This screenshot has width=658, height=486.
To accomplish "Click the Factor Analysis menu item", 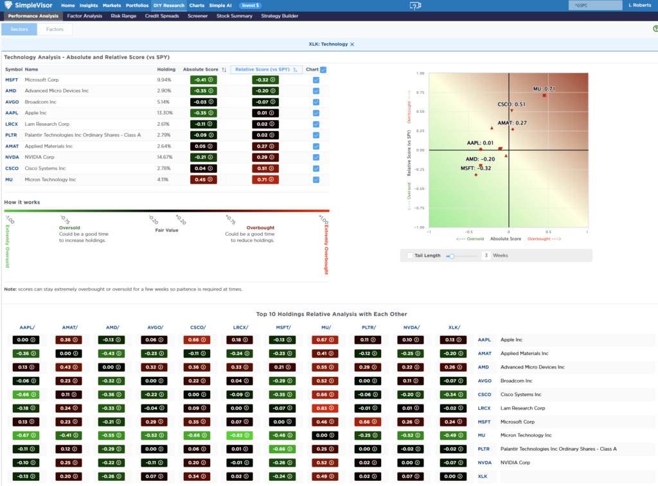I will click(x=84, y=16).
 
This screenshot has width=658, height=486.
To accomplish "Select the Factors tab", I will click(x=55, y=30).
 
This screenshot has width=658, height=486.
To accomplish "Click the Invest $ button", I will click(x=250, y=5).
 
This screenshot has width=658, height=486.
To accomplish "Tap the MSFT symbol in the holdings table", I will click(x=12, y=80).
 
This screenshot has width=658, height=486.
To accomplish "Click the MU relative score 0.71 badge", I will click(x=261, y=180).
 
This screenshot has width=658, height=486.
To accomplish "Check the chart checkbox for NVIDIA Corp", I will click(x=316, y=157).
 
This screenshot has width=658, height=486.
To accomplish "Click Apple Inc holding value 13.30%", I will click(x=164, y=113).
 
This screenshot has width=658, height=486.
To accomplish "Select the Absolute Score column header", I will click(x=200, y=69).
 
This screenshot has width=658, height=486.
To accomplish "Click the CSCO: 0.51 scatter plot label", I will click(x=511, y=104).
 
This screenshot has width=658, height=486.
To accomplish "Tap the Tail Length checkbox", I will click(x=410, y=256).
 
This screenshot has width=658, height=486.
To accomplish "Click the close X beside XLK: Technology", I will click(x=352, y=44).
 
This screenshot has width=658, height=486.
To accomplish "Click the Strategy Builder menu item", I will click(x=280, y=16).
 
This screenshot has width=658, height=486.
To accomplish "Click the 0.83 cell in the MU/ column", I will click(x=323, y=408).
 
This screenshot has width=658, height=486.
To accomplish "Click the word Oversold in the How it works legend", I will click(x=69, y=227).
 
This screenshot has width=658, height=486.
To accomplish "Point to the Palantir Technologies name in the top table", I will click(x=82, y=135).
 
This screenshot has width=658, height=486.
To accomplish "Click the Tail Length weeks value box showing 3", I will click(x=486, y=256).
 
